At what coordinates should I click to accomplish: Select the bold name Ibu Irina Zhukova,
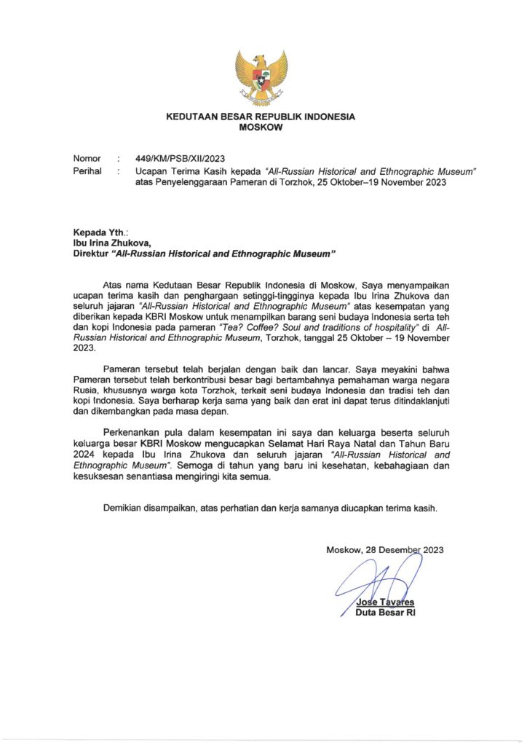[111, 243]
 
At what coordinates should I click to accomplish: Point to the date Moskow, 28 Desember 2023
[385, 550]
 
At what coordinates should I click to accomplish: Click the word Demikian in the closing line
[125, 508]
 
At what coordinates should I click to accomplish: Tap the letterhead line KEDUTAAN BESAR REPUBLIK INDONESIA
[261, 117]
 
